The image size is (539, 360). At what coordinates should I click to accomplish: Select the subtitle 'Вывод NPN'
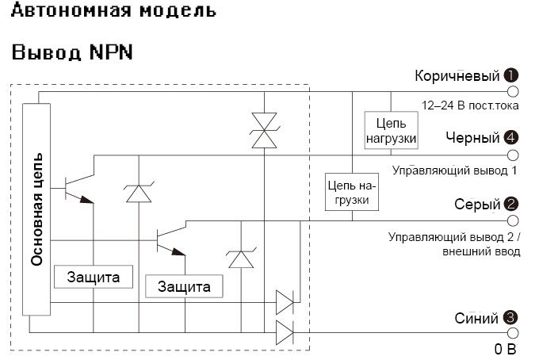pyautogui.click(x=71, y=53)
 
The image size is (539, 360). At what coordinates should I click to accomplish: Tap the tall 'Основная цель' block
pyautogui.click(x=37, y=209)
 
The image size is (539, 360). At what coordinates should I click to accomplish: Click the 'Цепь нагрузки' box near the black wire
pyautogui.click(x=390, y=131)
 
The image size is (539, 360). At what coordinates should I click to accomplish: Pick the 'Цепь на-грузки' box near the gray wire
pyautogui.click(x=353, y=192)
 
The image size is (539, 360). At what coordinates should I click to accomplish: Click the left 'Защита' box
pyautogui.click(x=93, y=278)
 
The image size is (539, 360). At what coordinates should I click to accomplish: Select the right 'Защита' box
pyautogui.click(x=184, y=286)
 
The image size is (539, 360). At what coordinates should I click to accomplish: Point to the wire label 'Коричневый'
pyautogui.click(x=457, y=76)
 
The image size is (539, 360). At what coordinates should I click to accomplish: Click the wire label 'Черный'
pyautogui.click(x=472, y=138)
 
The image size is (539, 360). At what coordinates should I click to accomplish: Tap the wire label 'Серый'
pyautogui.click(x=477, y=204)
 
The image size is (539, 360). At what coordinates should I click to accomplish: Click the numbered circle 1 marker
pyautogui.click(x=511, y=76)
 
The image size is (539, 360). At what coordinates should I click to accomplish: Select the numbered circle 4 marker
pyautogui.click(x=511, y=138)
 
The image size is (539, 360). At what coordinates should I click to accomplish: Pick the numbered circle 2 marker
pyautogui.click(x=511, y=204)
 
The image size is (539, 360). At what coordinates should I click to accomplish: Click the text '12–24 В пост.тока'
pyautogui.click(x=468, y=105)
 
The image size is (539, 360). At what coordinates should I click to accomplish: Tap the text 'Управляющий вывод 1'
pyautogui.click(x=454, y=170)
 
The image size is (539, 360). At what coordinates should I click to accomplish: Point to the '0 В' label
pyautogui.click(x=505, y=349)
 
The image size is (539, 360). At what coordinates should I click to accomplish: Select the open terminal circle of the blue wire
pyautogui.click(x=512, y=333)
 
